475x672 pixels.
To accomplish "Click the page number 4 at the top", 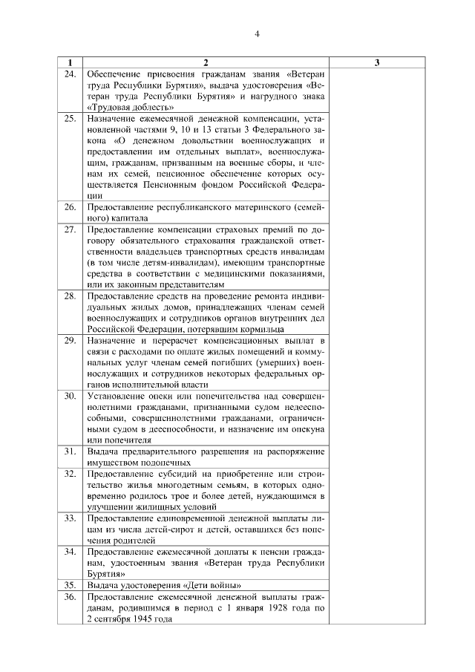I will click(257, 34).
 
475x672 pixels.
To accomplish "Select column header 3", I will click(378, 63).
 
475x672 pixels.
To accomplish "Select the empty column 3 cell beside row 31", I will click(378, 456).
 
